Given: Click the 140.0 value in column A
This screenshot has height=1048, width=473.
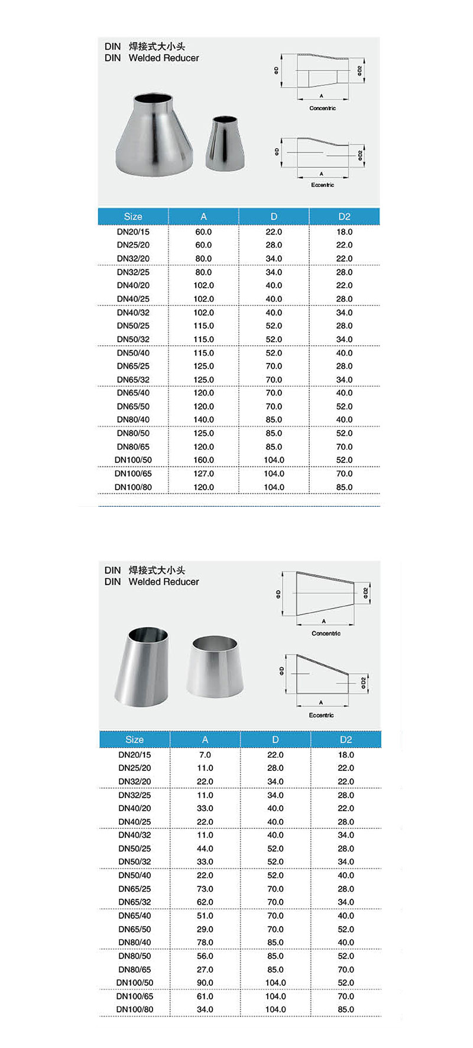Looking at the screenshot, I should [x=203, y=420].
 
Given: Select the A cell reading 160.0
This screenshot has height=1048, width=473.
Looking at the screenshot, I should [x=203, y=460].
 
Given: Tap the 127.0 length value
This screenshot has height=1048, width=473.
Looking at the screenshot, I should [x=203, y=474].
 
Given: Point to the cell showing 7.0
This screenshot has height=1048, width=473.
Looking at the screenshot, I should [x=205, y=755].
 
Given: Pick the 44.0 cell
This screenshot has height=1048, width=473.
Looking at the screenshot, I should [x=205, y=848].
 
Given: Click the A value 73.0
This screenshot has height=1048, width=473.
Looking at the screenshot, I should [x=205, y=889].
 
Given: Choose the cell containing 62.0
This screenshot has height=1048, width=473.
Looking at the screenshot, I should [x=205, y=902].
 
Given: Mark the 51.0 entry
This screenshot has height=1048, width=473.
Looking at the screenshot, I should [x=205, y=916].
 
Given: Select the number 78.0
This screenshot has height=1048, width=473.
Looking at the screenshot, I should [x=205, y=943].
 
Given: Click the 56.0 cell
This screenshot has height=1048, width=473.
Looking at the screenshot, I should [x=205, y=956].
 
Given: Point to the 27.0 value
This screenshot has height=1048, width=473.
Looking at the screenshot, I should [x=205, y=970].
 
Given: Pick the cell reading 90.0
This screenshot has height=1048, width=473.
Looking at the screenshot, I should [x=205, y=983].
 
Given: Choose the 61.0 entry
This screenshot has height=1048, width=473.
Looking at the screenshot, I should [x=205, y=996].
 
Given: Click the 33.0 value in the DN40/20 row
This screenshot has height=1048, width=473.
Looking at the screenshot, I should [x=205, y=808].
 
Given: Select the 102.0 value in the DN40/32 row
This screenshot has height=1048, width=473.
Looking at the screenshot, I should [x=203, y=313].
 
